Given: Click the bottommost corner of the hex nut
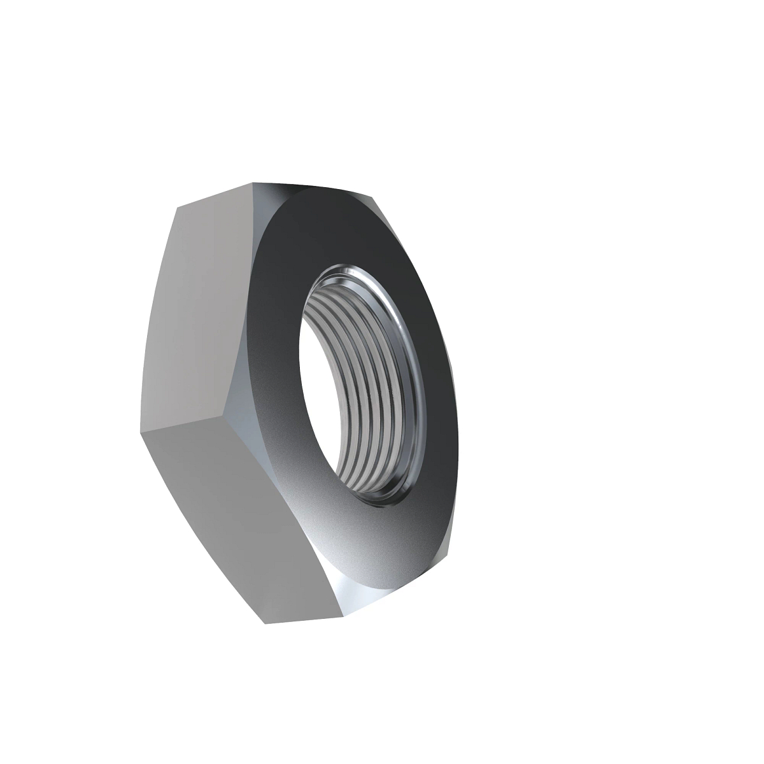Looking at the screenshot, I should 265,623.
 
